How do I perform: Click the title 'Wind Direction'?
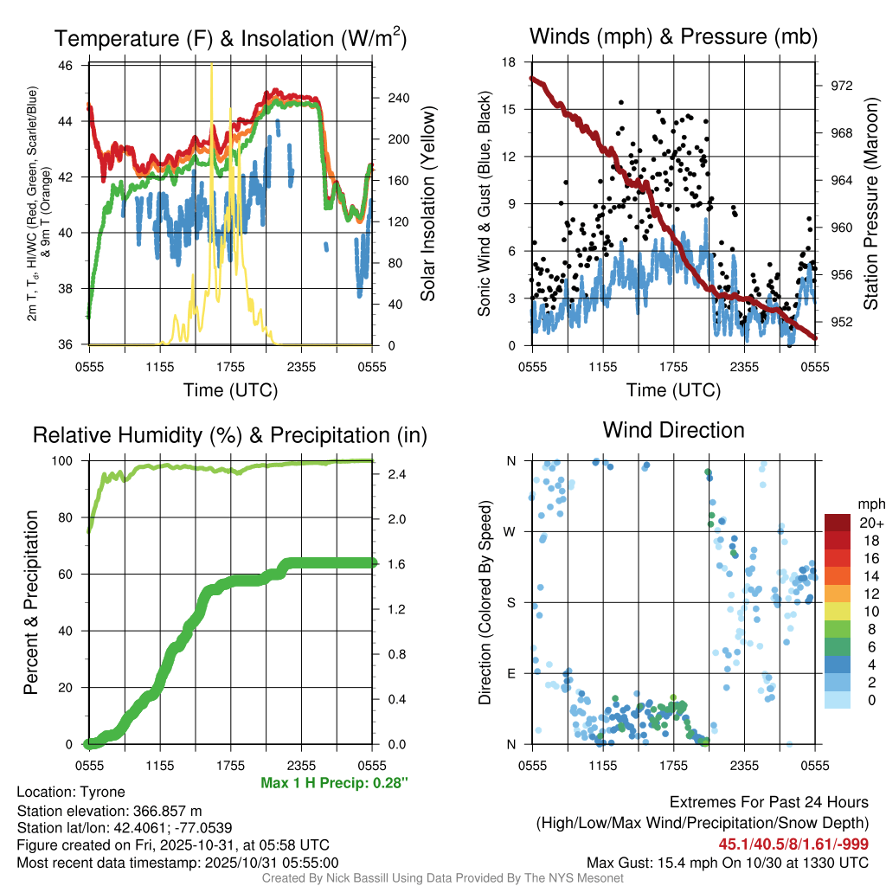pos(673,430)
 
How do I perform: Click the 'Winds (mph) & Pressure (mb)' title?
pos(673,37)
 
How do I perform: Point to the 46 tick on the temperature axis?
pos(75,66)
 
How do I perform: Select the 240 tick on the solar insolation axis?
pos(397,98)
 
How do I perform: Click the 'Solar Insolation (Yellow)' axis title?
pos(428,204)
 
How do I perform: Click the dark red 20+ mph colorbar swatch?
pos(840,523)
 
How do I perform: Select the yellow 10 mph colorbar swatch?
pos(840,611)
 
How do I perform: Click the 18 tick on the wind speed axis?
pos(510,62)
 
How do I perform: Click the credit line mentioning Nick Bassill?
pos(443,877)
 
